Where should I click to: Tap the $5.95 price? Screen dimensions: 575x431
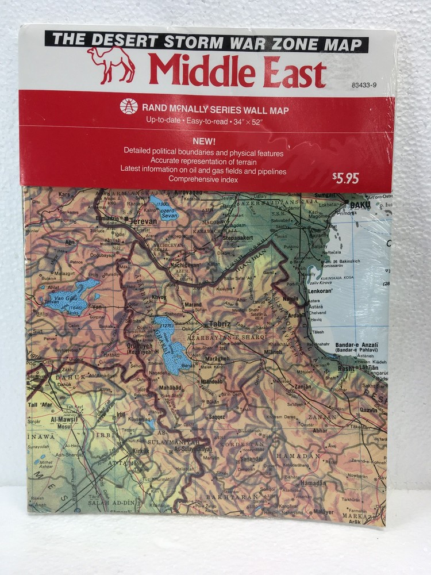pyautogui.click(x=345, y=178)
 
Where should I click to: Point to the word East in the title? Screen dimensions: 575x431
pyautogui.click(x=290, y=71)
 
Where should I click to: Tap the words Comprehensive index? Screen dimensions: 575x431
pyautogui.click(x=203, y=179)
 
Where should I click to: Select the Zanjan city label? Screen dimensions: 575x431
pyautogui.click(x=303, y=387)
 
